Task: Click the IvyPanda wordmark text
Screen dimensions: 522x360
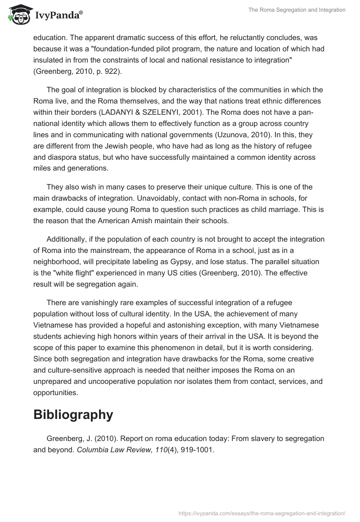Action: tap(58, 16)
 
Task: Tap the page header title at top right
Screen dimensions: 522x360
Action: tap(297, 10)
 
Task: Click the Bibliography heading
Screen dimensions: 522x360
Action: tap(73, 414)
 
